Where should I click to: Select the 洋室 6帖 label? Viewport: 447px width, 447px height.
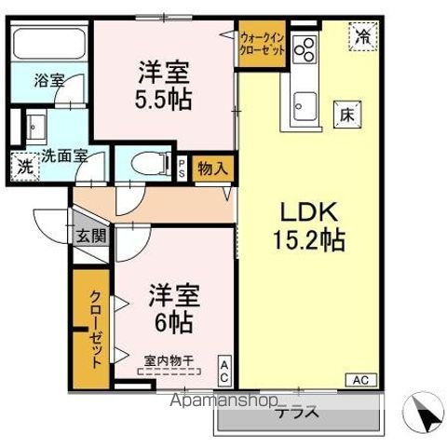pyautogui.click(x=169, y=310)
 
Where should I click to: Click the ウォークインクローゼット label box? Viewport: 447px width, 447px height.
pyautogui.click(x=262, y=43)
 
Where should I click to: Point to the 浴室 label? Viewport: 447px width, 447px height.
pyautogui.click(x=49, y=81)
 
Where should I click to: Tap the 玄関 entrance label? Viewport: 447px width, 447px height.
pyautogui.click(x=91, y=236)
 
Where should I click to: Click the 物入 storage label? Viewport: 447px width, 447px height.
pyautogui.click(x=213, y=168)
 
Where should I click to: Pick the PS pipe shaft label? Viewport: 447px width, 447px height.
pyautogui.click(x=182, y=168)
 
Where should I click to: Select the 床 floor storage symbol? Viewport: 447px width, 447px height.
pyautogui.click(x=345, y=115)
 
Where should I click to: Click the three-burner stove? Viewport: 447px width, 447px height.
pyautogui.click(x=305, y=48)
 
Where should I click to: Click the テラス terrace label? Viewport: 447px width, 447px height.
pyautogui.click(x=297, y=413)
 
